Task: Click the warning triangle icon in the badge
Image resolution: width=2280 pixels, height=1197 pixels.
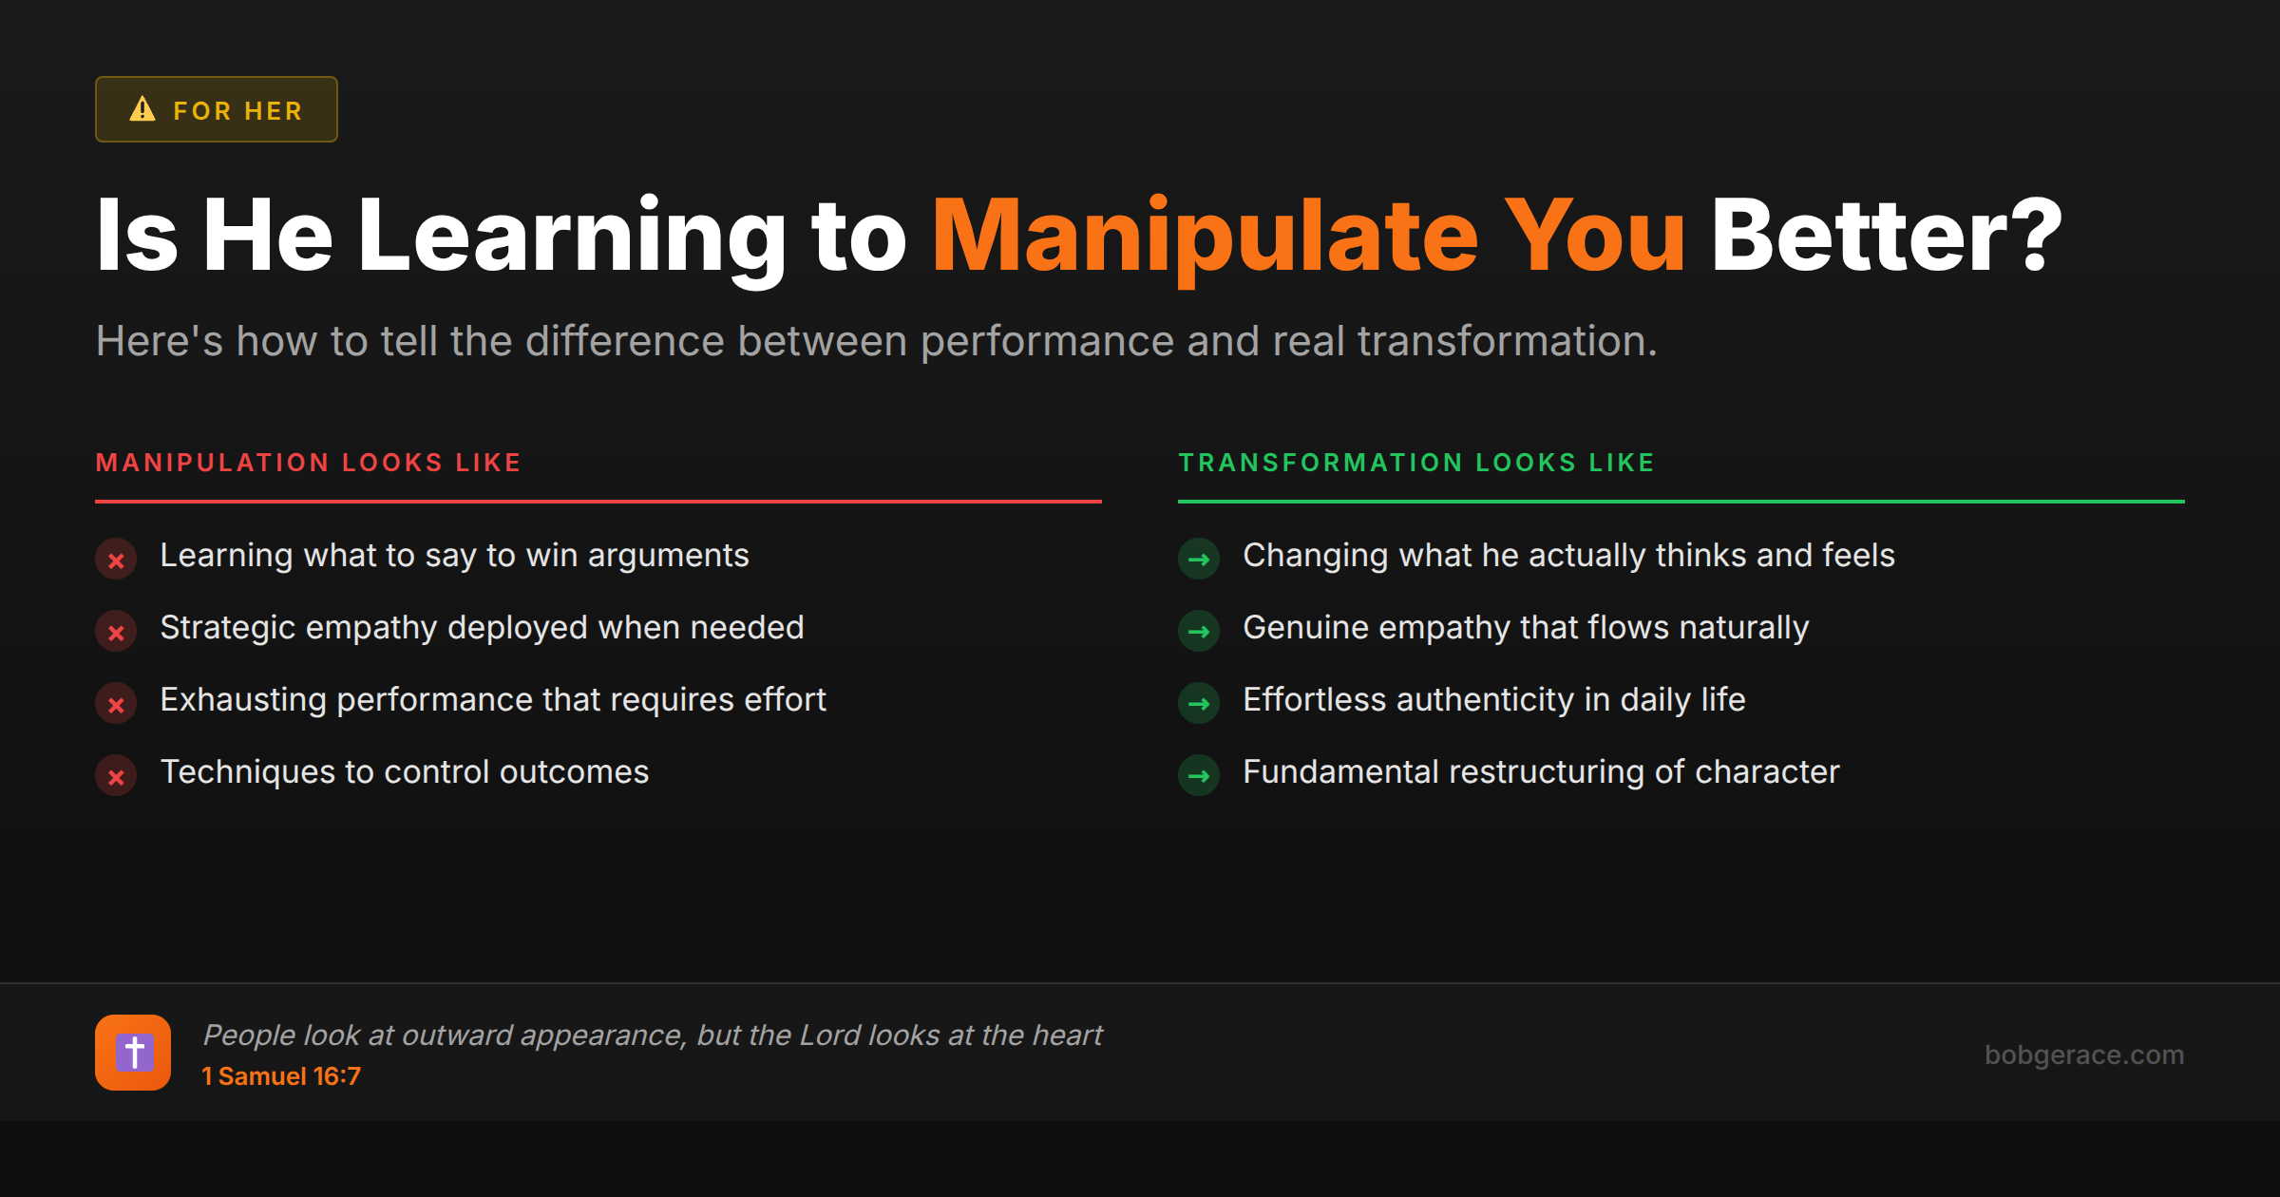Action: [142, 109]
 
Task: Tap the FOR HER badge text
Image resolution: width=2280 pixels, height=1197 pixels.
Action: [237, 111]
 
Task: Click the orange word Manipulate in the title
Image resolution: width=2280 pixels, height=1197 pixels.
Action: [1205, 236]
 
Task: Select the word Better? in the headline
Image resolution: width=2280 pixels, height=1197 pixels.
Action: [1886, 236]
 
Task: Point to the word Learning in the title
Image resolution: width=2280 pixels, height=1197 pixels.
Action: [571, 236]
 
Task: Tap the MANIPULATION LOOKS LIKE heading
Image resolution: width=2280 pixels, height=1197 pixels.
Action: [309, 463]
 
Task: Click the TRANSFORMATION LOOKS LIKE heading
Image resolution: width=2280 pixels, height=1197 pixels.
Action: [1416, 463]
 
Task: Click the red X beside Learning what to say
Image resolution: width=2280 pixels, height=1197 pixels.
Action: [116, 560]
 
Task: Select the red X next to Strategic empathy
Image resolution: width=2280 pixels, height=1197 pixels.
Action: [116, 632]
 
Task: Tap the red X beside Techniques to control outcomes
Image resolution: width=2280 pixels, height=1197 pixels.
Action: [116, 776]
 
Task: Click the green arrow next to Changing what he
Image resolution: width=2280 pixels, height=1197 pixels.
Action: [1199, 560]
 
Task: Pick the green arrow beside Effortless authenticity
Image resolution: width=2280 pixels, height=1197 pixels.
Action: [1199, 704]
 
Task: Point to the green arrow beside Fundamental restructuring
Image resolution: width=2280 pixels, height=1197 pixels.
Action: [1199, 776]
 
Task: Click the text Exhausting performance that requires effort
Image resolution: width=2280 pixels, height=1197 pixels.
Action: [493, 700]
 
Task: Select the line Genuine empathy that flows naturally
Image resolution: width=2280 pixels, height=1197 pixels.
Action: [1525, 628]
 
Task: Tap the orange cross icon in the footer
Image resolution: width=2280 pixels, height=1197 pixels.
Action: [133, 1053]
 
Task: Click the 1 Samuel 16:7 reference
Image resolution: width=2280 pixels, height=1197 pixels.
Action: [281, 1076]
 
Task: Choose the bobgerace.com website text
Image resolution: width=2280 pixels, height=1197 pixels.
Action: [2083, 1054]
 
